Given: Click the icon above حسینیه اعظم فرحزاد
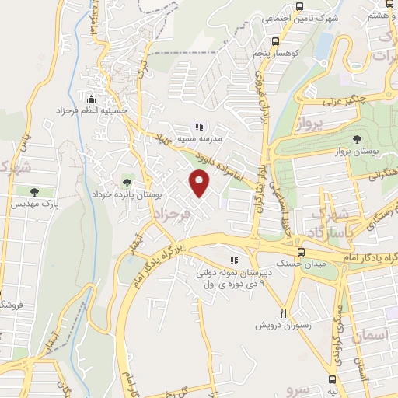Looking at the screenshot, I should [x=92, y=99].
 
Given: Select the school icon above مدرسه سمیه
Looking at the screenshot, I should [x=199, y=126].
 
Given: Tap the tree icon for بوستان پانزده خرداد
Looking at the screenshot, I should [x=127, y=183].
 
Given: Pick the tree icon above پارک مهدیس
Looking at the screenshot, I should [x=33, y=191].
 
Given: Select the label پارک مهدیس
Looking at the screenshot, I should [x=33, y=204].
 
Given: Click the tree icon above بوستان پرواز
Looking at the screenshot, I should [x=357, y=139].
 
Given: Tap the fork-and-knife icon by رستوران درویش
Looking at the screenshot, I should [x=285, y=313].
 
